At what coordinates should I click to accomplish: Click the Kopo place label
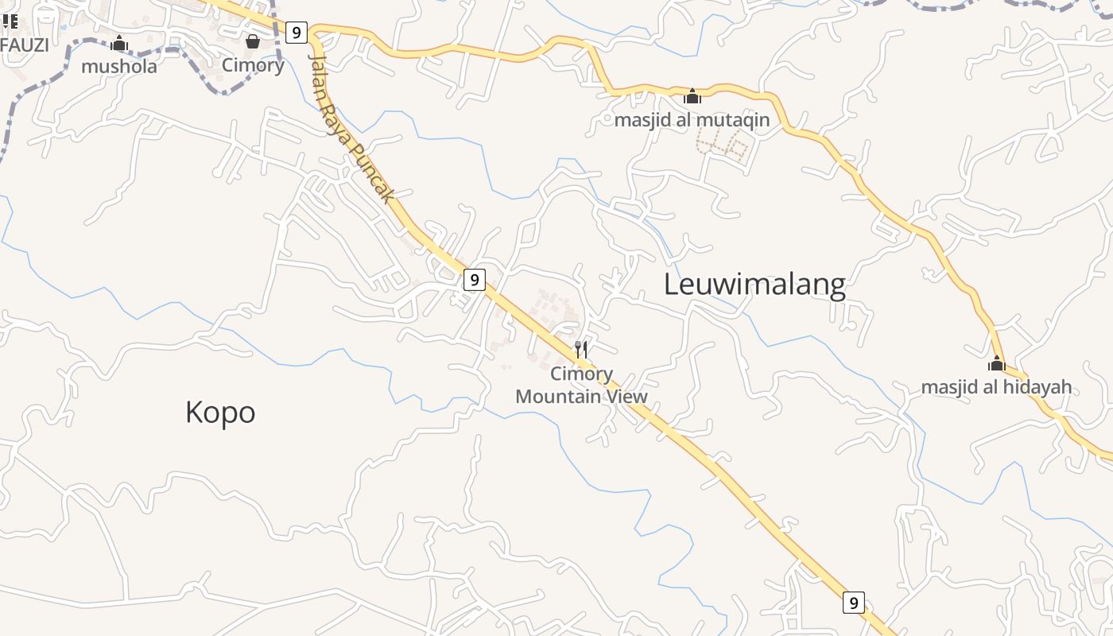point(220,412)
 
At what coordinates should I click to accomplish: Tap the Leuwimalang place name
point(754,284)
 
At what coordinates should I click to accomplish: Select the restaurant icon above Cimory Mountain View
point(582,349)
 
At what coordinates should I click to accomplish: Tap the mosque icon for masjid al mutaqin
point(692,96)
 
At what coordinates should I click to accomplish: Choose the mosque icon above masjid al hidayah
point(996,364)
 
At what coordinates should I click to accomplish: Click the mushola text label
point(119,66)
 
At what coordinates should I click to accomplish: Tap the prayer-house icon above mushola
point(119,43)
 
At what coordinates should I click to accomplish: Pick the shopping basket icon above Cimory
point(253,41)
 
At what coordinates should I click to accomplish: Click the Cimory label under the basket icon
point(253,65)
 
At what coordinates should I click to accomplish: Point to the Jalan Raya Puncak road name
point(351,127)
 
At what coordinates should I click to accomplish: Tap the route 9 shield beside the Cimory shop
point(297,33)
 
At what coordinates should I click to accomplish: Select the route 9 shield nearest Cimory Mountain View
point(474,280)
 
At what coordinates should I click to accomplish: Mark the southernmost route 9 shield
point(853,603)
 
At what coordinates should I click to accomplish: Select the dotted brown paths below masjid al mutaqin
point(723,147)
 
